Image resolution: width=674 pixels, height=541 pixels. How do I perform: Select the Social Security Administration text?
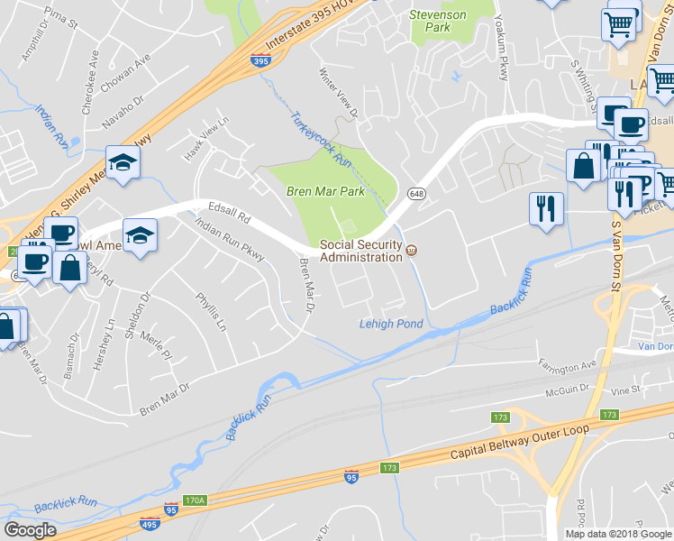pyautogui.click(x=361, y=251)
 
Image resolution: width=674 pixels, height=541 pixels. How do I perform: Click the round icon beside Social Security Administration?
pyautogui.click(x=412, y=250)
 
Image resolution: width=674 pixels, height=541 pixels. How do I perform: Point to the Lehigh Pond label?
pyautogui.click(x=390, y=324)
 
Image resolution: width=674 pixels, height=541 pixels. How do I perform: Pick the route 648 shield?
pyautogui.click(x=416, y=194)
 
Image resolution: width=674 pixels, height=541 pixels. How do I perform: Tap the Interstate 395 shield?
pyautogui.click(x=260, y=61)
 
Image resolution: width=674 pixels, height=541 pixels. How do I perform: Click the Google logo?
pyautogui.click(x=30, y=529)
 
